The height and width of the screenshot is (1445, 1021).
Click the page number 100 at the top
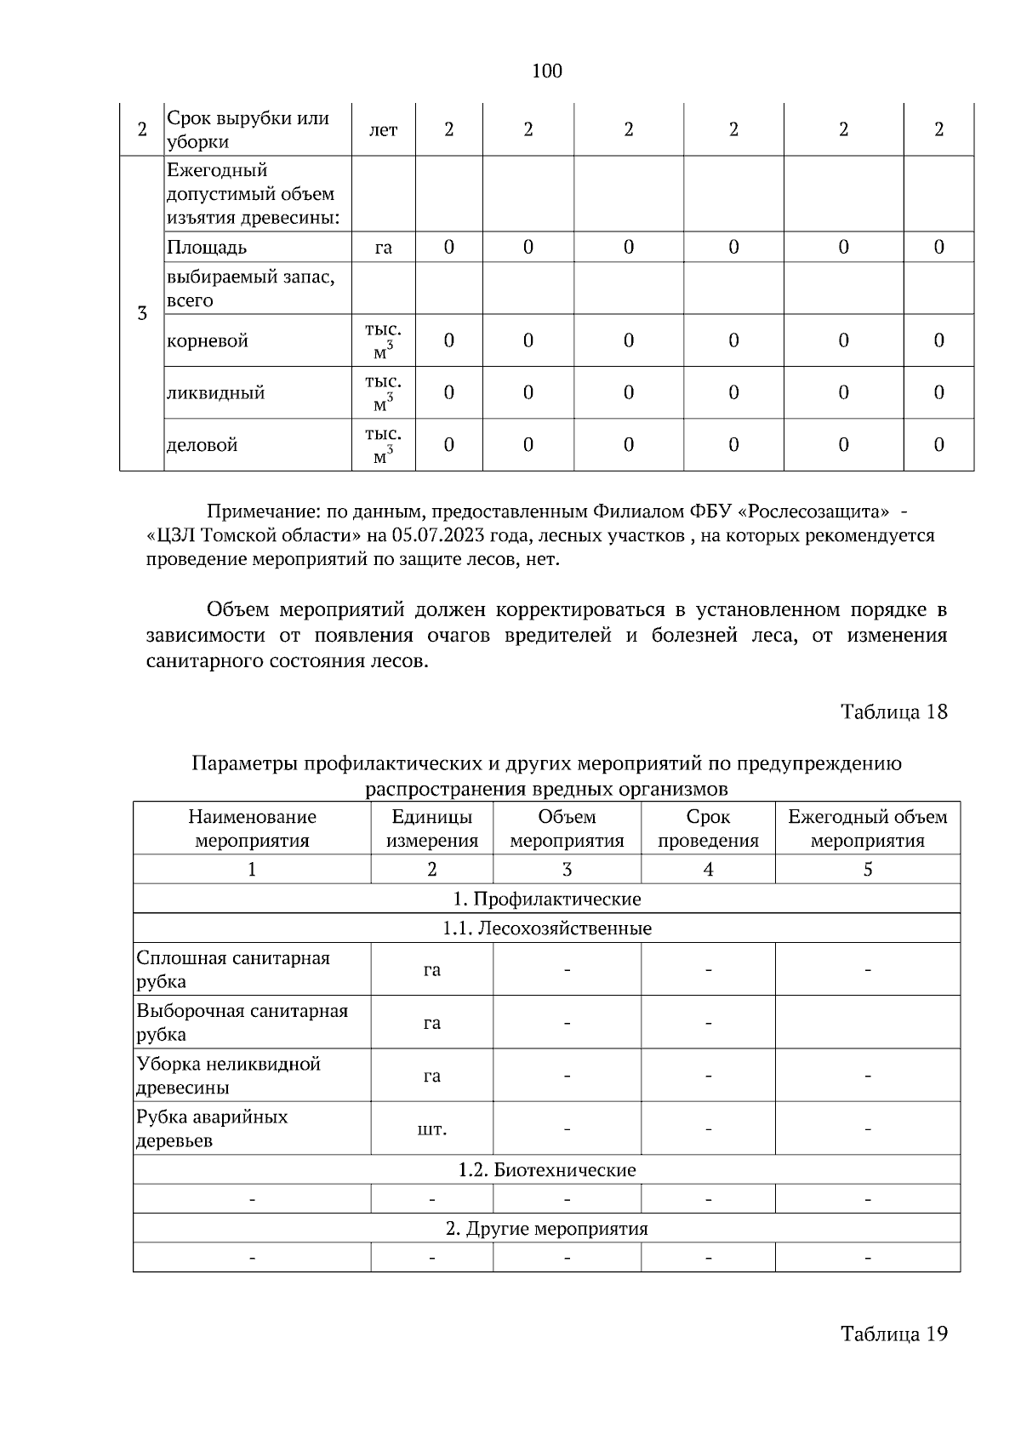pyautogui.click(x=546, y=71)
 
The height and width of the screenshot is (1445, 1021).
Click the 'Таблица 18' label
pyautogui.click(x=893, y=711)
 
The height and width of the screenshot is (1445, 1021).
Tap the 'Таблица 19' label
pyautogui.click(x=893, y=1333)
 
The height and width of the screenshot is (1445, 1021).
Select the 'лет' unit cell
pyautogui.click(x=383, y=130)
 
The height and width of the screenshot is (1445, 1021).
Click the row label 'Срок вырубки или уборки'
pyautogui.click(x=248, y=130)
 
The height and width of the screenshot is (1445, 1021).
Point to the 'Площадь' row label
pyautogui.click(x=207, y=248)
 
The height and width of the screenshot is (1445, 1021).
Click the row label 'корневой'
pyautogui.click(x=208, y=341)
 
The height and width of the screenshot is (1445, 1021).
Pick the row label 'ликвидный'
pyautogui.click(x=215, y=393)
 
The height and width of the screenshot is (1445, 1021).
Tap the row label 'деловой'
pyautogui.click(x=202, y=445)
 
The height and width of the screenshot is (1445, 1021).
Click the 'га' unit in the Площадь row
pyautogui.click(x=383, y=248)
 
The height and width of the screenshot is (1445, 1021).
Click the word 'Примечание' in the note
pyautogui.click(x=256, y=512)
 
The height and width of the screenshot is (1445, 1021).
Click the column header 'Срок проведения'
pyautogui.click(x=708, y=829)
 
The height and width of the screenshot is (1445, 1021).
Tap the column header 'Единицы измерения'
pyautogui.click(x=432, y=829)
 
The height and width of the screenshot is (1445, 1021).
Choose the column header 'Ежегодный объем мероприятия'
pyautogui.click(x=867, y=829)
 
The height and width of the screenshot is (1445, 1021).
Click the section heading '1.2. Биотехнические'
pyautogui.click(x=546, y=1170)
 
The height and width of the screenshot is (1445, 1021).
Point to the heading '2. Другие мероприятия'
pyautogui.click(x=546, y=1229)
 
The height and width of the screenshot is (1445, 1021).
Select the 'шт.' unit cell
pyautogui.click(x=432, y=1129)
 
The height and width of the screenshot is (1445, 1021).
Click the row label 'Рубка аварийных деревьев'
pyautogui.click(x=212, y=1128)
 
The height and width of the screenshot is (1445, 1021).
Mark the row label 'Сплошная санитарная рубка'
pyautogui.click(x=233, y=969)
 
